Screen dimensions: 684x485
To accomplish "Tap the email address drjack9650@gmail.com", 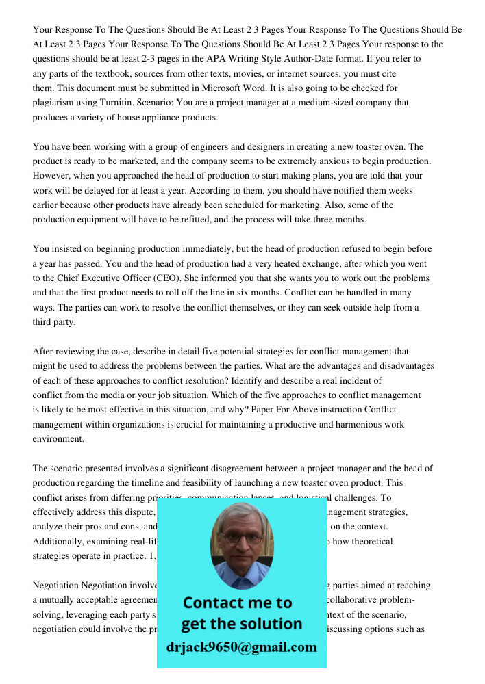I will coord(241,647).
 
